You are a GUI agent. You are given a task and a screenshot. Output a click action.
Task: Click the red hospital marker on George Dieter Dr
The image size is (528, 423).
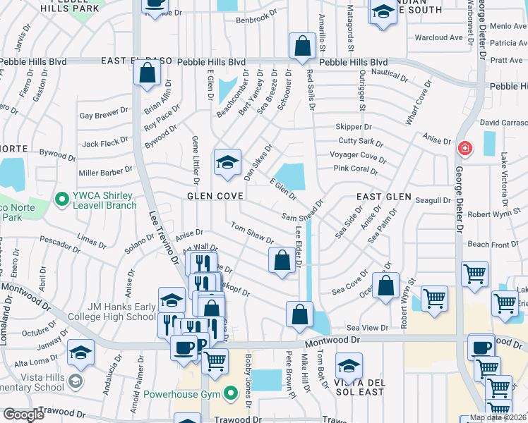pyautogui.click(x=464, y=148)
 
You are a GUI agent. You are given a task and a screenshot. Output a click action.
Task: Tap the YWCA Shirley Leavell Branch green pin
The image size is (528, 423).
pyautogui.click(x=61, y=200)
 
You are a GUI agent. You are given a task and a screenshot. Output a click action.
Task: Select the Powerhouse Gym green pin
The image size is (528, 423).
pyautogui.click(x=229, y=393)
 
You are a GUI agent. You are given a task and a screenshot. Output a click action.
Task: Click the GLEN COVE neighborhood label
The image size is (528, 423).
pyautogui.click(x=211, y=196)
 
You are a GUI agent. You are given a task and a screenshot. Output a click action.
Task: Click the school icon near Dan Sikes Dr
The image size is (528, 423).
pyautogui.click(x=227, y=162)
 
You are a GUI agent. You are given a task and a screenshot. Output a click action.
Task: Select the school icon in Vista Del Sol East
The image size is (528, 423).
pyautogui.click(x=348, y=367)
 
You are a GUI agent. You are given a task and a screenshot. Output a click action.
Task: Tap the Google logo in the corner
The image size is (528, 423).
pyautogui.click(x=23, y=414)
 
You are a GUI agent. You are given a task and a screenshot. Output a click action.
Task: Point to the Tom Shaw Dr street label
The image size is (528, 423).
pyautogui.click(x=252, y=234)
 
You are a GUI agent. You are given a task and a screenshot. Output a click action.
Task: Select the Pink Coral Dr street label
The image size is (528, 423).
pyautogui.click(x=356, y=170)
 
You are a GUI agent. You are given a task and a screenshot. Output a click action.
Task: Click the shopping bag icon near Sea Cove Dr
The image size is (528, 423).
pyautogui.click(x=385, y=286)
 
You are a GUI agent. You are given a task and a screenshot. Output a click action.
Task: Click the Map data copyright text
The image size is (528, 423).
pyautogui.click(x=498, y=417)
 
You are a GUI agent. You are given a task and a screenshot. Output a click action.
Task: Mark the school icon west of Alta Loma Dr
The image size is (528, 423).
pyautogui.click(x=81, y=352)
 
